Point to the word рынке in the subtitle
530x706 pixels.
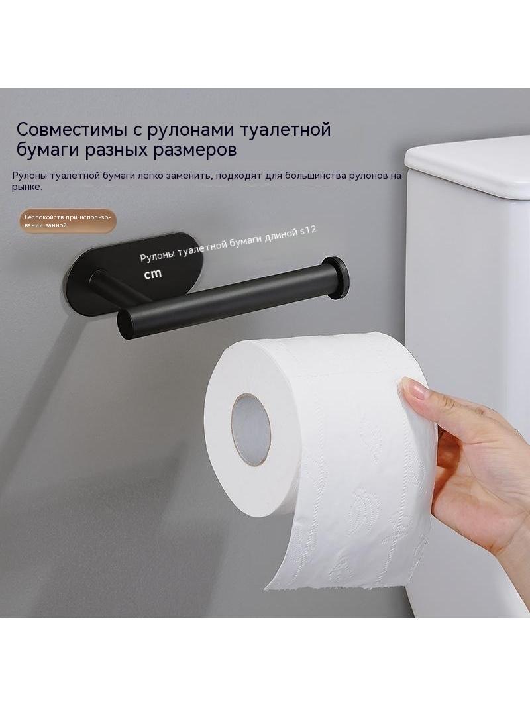click(26, 187)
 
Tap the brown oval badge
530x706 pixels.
click(68, 221)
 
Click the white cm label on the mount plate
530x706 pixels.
click(152, 274)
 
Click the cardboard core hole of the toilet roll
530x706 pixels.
click(250, 429)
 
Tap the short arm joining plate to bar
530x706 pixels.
click(115, 287)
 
